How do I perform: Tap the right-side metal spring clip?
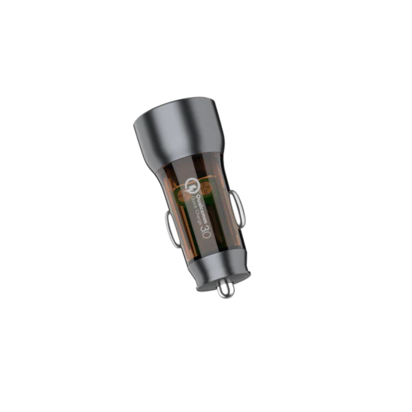click(237, 208)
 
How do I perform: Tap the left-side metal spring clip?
click(171, 229)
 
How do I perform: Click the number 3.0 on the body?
click(205, 230)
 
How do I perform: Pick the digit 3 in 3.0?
click(204, 226)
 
